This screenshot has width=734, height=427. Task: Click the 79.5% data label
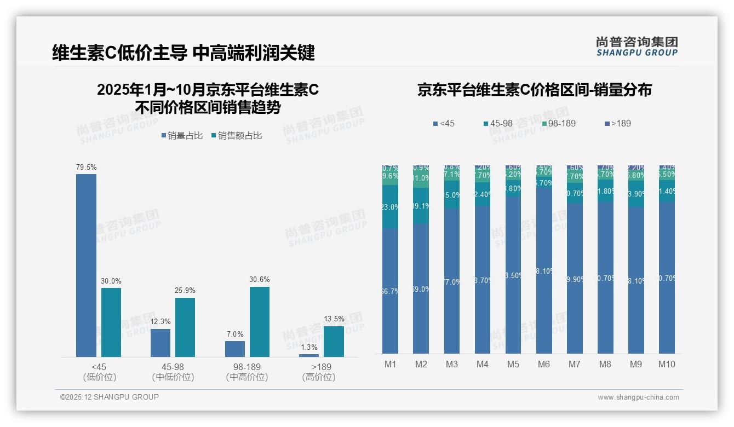(x=86, y=167)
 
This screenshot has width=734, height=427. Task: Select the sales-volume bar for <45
(x=86, y=266)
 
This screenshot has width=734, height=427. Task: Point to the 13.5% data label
(x=334, y=319)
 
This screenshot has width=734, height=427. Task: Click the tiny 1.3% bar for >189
(x=309, y=355)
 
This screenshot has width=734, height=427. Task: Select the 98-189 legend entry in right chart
(x=558, y=124)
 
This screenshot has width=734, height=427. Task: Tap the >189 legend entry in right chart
(x=617, y=124)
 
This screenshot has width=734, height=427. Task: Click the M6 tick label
(x=543, y=365)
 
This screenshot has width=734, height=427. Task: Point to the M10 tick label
(x=666, y=365)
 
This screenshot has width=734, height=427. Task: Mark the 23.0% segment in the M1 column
(x=390, y=206)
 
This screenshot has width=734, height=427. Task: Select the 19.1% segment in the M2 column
(x=421, y=206)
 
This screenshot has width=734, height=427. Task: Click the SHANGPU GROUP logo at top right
(x=636, y=47)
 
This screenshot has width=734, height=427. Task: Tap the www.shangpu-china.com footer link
(x=638, y=397)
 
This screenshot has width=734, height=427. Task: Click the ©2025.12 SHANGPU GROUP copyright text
(x=110, y=397)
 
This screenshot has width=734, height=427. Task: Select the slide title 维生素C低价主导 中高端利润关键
(x=183, y=53)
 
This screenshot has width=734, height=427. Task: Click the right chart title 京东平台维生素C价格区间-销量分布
(x=534, y=90)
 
